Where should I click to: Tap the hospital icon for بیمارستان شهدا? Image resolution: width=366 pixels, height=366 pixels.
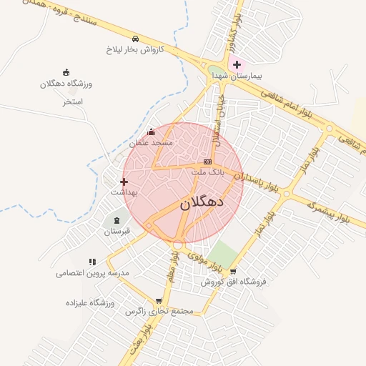coord(237,65)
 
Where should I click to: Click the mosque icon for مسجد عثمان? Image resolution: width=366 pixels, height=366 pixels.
coord(150,132)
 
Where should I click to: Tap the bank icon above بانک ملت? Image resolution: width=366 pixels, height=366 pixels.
coord(208,162)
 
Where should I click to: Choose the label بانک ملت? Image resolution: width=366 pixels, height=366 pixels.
coord(208,172)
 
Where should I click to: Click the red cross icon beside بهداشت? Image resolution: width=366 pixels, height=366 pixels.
coord(124,182)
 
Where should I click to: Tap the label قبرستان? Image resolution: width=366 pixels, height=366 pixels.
coord(117,232)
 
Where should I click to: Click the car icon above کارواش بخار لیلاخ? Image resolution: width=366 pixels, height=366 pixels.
coord(135,38)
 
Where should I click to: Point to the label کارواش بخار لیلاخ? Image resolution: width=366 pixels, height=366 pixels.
coord(135,49)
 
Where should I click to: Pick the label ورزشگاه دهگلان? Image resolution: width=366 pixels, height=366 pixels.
coord(66,84)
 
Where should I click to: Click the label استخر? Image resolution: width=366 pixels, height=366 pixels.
coord(73,102)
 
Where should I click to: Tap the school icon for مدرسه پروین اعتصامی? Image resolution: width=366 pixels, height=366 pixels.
coord(92,262)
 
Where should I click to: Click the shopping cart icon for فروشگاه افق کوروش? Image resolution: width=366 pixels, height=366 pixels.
coord(233,271)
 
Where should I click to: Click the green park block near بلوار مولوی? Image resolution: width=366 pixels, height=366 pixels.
coord(222,254)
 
